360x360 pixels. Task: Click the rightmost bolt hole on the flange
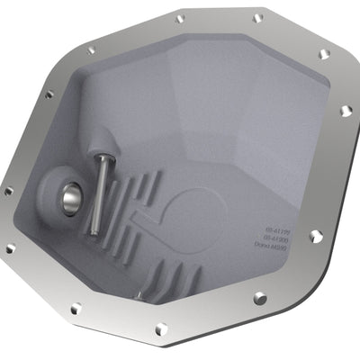pos(346,111)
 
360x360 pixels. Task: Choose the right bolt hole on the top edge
pos(258,17)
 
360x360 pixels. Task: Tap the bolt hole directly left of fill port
pos(8,192)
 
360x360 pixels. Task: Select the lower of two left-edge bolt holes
pos(13,249)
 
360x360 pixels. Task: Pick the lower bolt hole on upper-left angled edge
pos(49,93)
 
